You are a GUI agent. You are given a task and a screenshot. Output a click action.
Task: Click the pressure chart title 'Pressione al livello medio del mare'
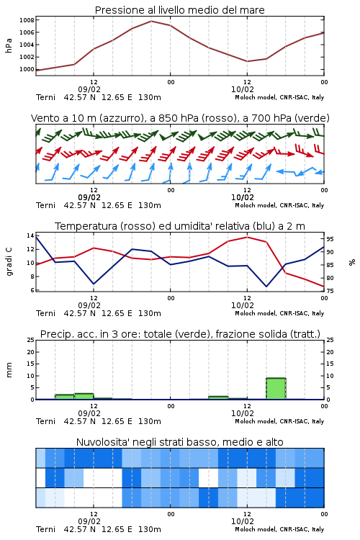pyautogui.click(x=179, y=10)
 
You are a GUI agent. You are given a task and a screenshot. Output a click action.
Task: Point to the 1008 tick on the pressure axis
pyautogui.click(x=27, y=20)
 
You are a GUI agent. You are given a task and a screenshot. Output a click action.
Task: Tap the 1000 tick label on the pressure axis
pyautogui.click(x=27, y=69)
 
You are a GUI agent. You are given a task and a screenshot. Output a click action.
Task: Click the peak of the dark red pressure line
pyautogui.click(x=151, y=21)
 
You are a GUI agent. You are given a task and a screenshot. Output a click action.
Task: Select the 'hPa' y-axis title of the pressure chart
pyautogui.click(x=9, y=45)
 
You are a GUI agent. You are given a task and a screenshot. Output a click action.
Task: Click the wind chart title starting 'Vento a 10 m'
pyautogui.click(x=180, y=118)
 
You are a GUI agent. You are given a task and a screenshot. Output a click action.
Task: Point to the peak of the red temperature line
pyautogui.click(x=247, y=237)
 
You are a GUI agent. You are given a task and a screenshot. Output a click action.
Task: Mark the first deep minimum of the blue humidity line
pyautogui.click(x=94, y=284)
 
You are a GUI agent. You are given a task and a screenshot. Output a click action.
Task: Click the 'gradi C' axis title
pyautogui.click(x=9, y=261)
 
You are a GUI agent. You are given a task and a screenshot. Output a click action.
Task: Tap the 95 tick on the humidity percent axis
pyautogui.click(x=330, y=239)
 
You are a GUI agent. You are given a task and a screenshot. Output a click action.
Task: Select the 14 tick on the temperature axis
pyautogui.click(x=30, y=235)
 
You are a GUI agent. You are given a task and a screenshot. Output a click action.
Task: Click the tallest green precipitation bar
pyautogui.click(x=276, y=389)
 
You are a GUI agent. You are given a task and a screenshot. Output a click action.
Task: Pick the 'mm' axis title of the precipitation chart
pyautogui.click(x=9, y=370)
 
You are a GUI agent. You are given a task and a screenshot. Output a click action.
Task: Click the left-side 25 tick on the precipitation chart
pyautogui.click(x=31, y=340)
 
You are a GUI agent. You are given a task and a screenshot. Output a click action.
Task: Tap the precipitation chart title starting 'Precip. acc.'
pyautogui.click(x=180, y=334)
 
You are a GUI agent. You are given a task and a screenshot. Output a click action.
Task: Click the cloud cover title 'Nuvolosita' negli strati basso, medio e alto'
pyautogui.click(x=179, y=442)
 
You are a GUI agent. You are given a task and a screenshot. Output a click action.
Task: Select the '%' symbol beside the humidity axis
pyautogui.click(x=352, y=262)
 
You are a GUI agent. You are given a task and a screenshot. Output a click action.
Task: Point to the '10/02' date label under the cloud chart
pyautogui.click(x=243, y=521)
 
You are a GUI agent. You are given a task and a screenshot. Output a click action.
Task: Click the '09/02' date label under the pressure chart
pyautogui.click(x=89, y=89)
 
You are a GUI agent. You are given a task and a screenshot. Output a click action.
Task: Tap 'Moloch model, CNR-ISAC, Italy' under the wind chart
pyautogui.click(x=279, y=205)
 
